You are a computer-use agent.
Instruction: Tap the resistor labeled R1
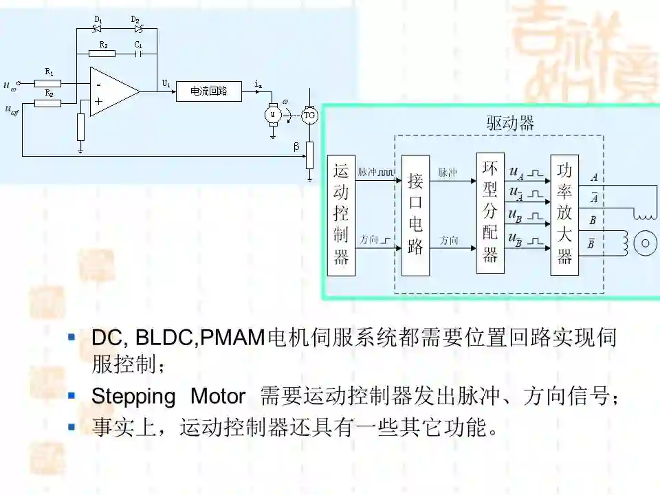[x=47, y=83]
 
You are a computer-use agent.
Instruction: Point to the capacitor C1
[x=140, y=54]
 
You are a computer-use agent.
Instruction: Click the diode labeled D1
[x=97, y=29]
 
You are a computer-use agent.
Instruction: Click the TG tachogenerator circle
[x=310, y=115]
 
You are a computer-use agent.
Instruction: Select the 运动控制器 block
[x=342, y=215]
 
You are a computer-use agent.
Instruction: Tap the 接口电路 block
[x=415, y=215]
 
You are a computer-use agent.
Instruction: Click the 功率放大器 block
[x=564, y=215]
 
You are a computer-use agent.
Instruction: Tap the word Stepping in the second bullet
[x=133, y=397]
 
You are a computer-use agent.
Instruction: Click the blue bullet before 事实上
[x=71, y=427]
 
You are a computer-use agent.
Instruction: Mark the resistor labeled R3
[x=102, y=54]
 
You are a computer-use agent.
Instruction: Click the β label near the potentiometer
[x=296, y=147]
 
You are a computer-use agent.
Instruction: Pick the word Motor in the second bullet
[x=217, y=397]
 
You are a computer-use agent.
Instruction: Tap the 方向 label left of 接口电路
[x=369, y=240]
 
